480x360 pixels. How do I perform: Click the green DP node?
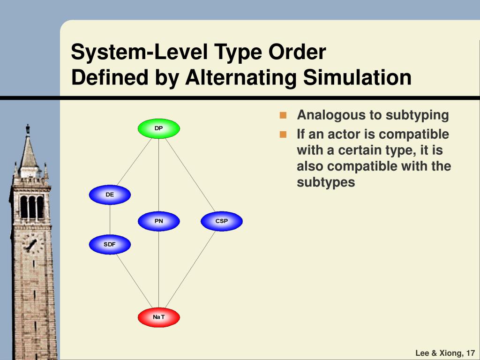158,128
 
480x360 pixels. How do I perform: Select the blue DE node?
110,195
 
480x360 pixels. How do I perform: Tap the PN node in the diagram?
158,221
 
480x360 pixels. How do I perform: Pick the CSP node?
221,221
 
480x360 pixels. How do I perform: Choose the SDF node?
110,244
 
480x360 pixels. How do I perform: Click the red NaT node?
158,317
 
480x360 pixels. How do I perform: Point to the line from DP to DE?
135,161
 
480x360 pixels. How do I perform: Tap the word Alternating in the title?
240,77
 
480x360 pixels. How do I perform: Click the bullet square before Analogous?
283,115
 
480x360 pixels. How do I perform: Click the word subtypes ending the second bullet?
326,182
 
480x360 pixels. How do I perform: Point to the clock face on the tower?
31,244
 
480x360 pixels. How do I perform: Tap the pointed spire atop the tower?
28,145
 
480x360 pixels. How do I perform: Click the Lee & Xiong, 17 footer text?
445,353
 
